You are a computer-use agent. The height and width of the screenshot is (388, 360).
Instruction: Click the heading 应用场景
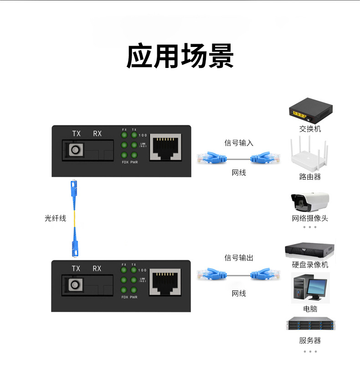[x=180, y=57]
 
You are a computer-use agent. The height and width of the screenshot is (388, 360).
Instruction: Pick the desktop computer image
[x=309, y=288]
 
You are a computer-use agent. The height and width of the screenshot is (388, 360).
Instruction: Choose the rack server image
[x=309, y=324]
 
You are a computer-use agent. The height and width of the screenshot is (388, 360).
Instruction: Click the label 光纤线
[x=55, y=218]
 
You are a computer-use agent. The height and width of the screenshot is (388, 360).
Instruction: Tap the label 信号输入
[x=238, y=143]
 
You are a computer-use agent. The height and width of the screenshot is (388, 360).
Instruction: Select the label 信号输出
[x=238, y=258]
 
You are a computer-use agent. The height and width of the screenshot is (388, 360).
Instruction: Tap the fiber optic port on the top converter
[x=73, y=150]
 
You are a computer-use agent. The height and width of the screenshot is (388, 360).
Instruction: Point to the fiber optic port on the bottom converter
[x=73, y=285]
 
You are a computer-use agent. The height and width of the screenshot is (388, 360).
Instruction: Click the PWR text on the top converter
[x=134, y=162]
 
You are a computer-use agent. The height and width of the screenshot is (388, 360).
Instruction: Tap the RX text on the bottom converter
[x=97, y=269]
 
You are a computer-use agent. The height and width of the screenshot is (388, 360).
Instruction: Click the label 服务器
[x=310, y=341]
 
